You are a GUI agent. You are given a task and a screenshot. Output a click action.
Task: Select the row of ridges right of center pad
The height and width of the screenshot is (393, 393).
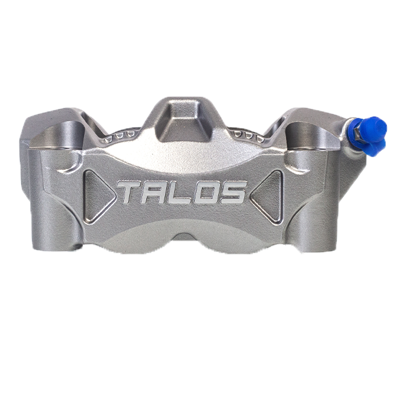tap(245, 134)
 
